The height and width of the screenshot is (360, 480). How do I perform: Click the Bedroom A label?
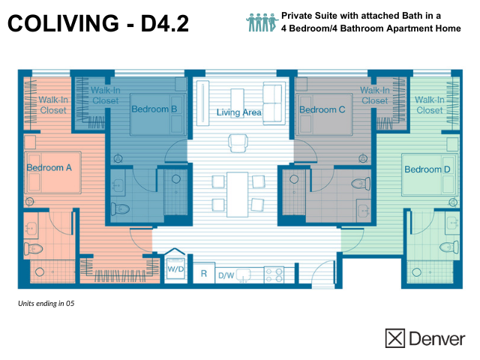[49, 168]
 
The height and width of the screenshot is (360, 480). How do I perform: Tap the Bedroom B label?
[154, 109]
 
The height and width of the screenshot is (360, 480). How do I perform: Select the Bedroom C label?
[322, 110]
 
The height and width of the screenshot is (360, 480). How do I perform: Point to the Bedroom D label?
[427, 169]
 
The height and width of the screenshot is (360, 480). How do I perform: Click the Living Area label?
[238, 112]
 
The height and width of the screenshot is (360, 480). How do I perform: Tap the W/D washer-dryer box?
[176, 267]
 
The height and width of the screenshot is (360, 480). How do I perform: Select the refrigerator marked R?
[203, 275]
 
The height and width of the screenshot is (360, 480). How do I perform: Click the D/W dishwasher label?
[226, 275]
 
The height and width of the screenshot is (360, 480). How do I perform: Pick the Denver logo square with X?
[395, 338]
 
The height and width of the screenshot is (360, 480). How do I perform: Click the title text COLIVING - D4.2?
[98, 24]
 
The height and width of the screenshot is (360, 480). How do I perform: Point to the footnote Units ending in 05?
[46, 304]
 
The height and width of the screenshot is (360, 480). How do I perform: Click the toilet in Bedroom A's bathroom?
[32, 247]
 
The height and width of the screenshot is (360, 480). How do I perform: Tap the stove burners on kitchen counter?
[274, 274]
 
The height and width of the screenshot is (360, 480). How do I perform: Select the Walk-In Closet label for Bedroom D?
[429, 105]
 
